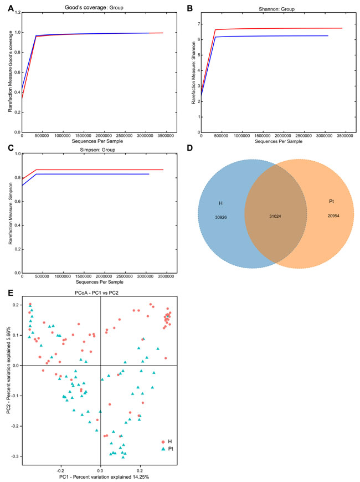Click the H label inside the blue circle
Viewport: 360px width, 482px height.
[220, 203]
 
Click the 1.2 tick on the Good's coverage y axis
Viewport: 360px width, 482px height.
[16, 12]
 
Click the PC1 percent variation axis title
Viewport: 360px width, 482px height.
[100, 476]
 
